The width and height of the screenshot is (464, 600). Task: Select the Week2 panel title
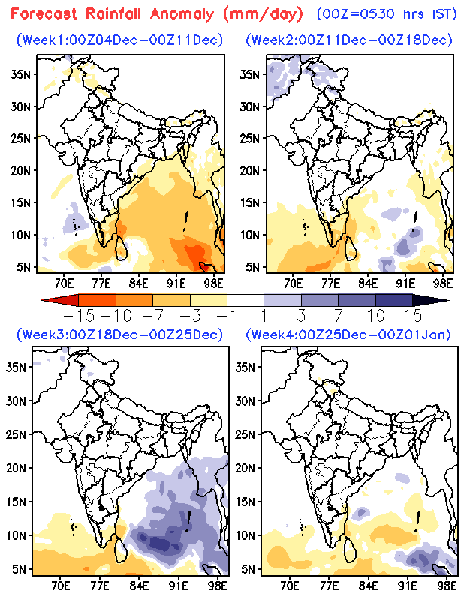[x=348, y=39]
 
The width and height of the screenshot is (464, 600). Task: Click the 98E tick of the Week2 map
[x=444, y=283]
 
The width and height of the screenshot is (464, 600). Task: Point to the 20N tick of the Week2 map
[x=250, y=170]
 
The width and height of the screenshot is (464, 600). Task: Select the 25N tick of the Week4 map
[x=250, y=433]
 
